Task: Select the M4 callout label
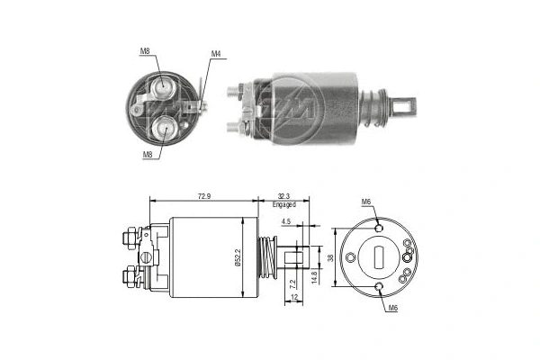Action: (216, 54)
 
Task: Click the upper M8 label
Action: (145, 51)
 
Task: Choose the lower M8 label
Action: (147, 154)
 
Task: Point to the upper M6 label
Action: (366, 202)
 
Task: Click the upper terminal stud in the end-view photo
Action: (165, 86)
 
